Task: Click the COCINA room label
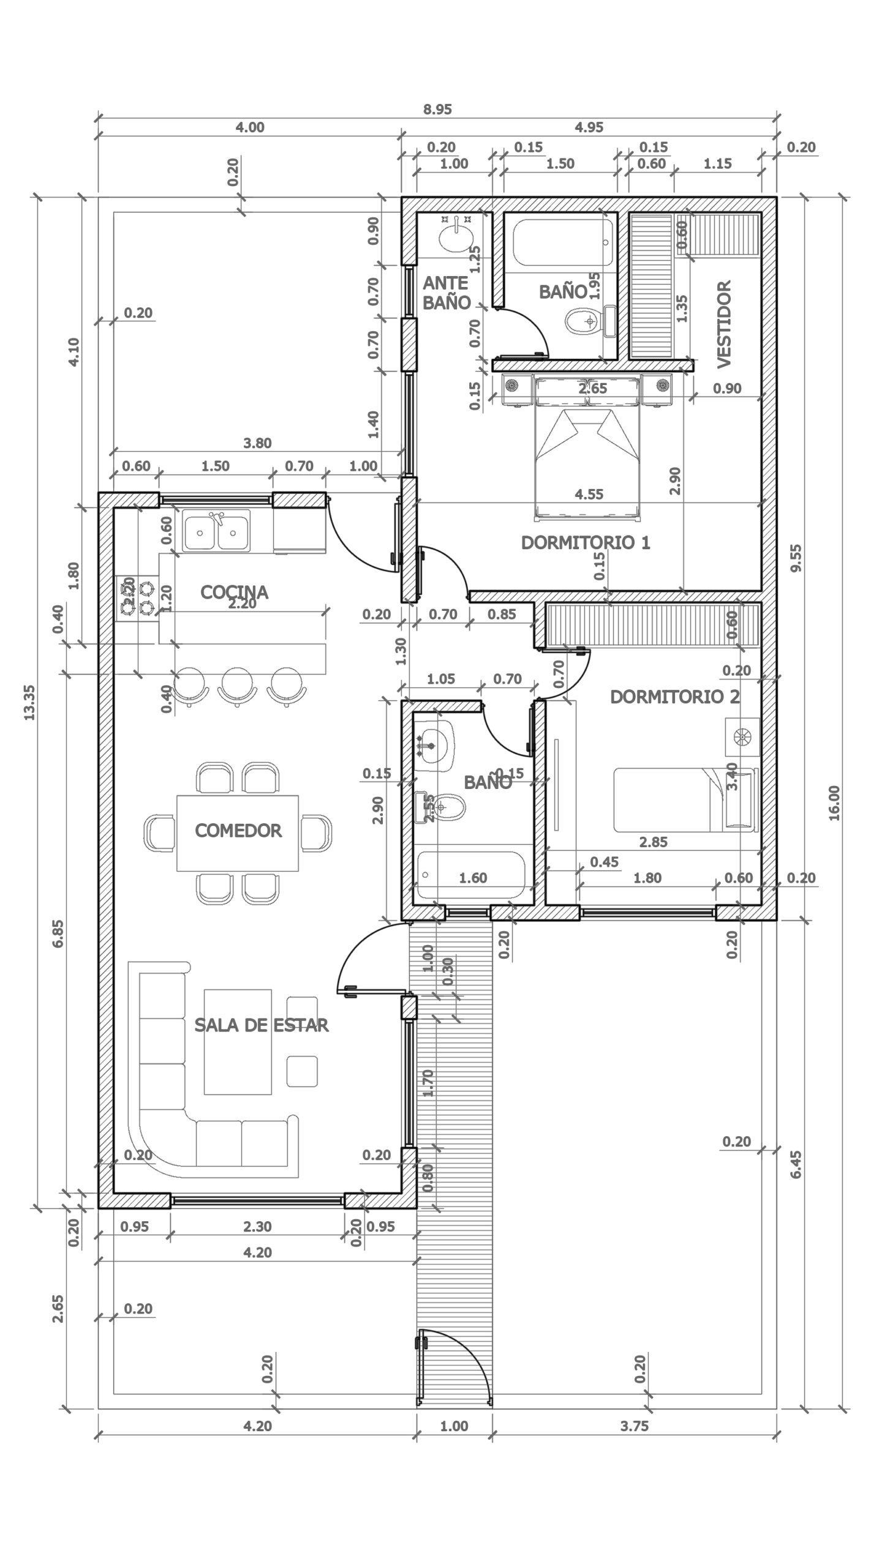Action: [234, 591]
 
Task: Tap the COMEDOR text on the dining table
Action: [238, 831]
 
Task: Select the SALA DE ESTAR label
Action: [262, 1025]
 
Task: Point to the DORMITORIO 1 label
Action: [585, 542]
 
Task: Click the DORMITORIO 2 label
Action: [674, 697]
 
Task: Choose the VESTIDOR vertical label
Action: [724, 324]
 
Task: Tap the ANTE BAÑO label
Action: [447, 292]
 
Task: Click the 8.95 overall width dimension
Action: [437, 110]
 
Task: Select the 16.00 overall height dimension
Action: [834, 802]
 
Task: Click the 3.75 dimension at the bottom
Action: [634, 1426]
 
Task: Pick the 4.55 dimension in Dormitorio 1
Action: [589, 494]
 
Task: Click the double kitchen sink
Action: [217, 531]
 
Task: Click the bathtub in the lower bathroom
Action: [471, 876]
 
